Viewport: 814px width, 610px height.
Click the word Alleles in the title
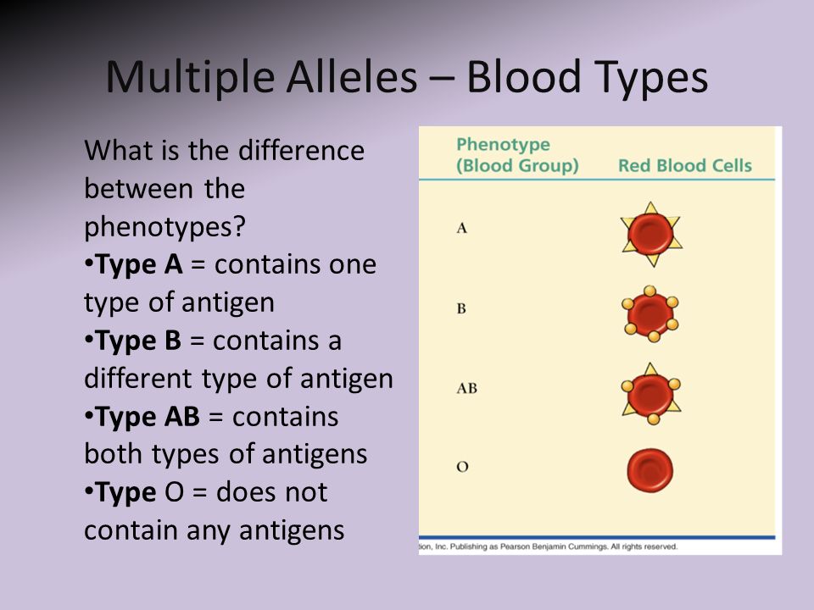351,77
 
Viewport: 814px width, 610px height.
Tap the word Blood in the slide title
524,77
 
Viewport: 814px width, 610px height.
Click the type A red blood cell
651,235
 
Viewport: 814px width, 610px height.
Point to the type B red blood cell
650,313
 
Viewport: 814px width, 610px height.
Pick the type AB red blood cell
650,394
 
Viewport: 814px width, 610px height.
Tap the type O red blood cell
650,470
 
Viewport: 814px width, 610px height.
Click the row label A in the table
461,228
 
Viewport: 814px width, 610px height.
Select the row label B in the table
461,308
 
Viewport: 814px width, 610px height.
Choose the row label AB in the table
466,389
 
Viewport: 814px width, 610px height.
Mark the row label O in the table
462,467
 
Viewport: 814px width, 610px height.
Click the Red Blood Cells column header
685,165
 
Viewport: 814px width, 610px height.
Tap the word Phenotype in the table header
503,145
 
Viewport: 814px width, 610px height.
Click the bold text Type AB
148,417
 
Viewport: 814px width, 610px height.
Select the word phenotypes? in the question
164,227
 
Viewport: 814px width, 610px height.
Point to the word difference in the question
301,151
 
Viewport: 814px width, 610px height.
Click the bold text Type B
138,341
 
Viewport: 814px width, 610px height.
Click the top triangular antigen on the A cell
651,208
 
